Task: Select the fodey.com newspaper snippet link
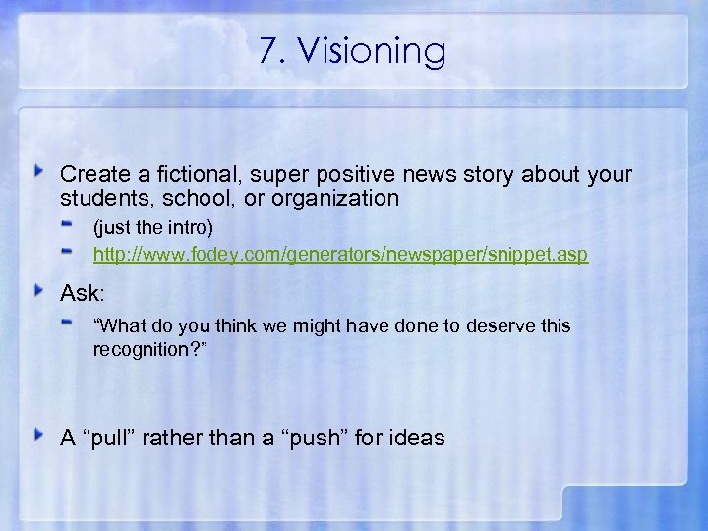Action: [x=340, y=255]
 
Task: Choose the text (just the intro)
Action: [x=152, y=228]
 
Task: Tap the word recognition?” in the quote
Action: [x=150, y=349]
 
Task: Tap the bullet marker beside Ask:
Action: [x=40, y=290]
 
